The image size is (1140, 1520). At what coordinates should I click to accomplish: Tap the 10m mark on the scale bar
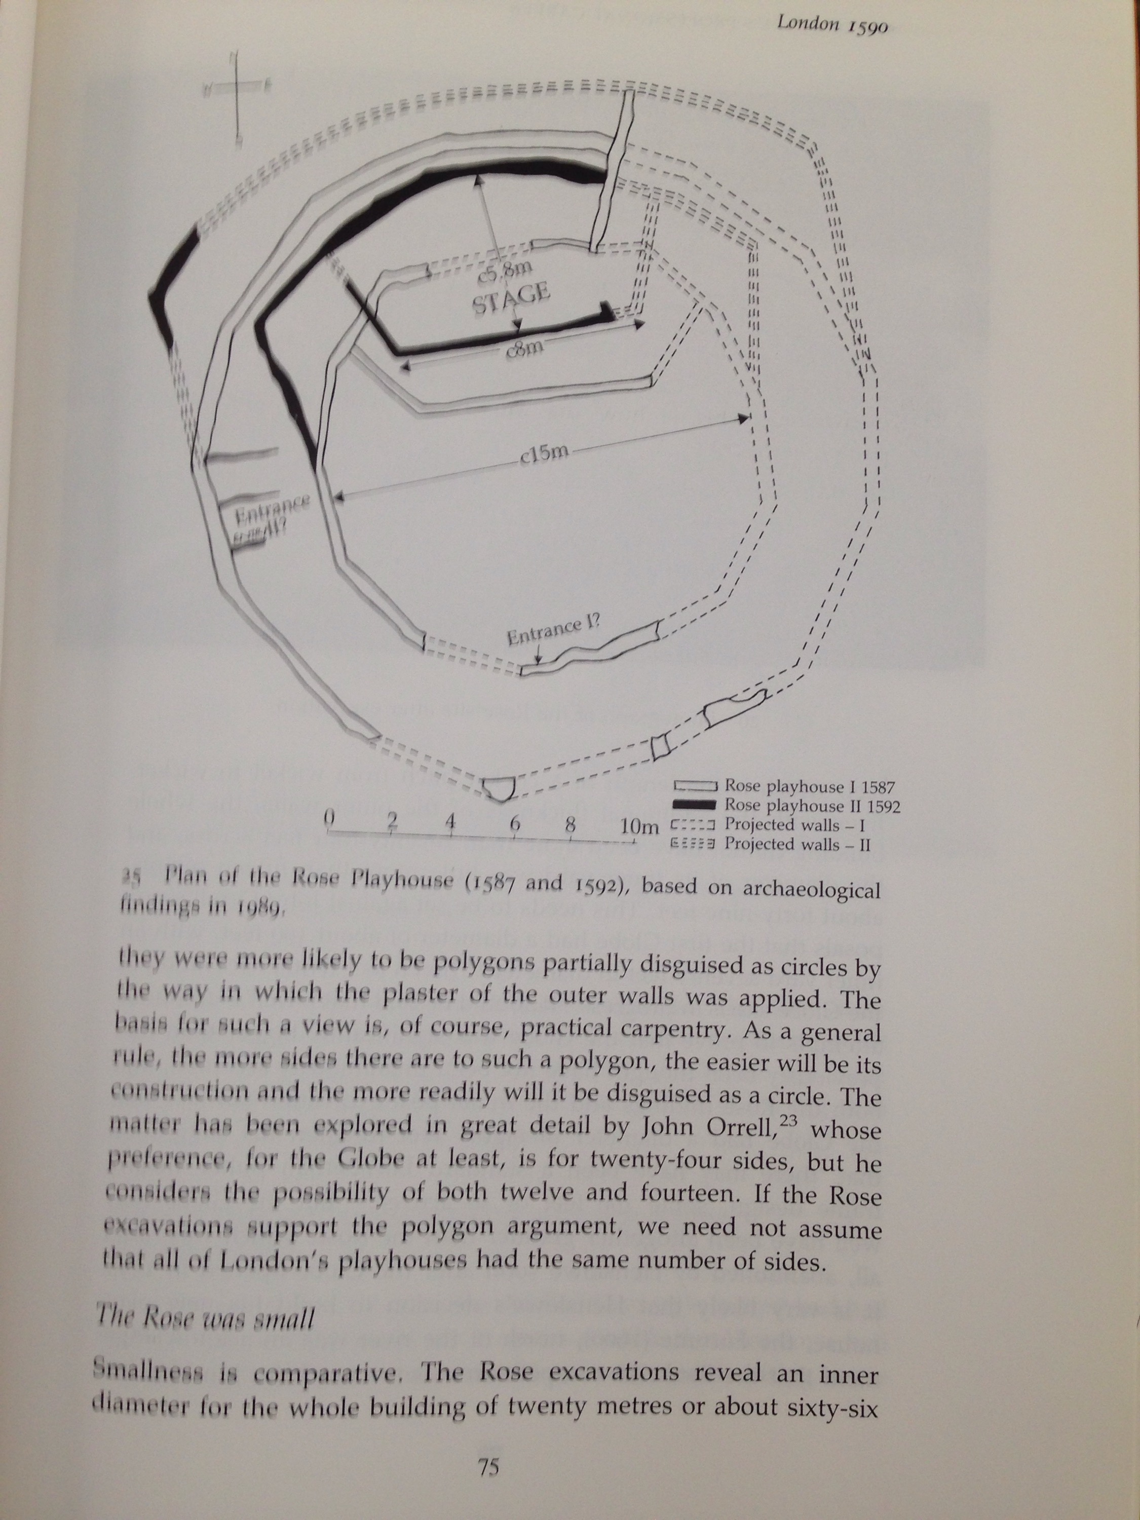click(x=638, y=825)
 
